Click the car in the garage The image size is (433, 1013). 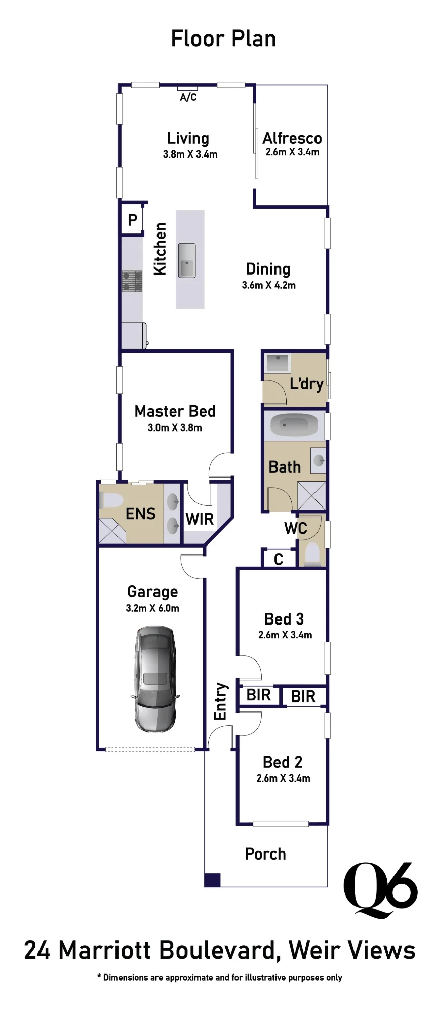[x=155, y=679]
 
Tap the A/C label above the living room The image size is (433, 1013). [x=188, y=97]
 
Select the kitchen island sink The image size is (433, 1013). [x=187, y=260]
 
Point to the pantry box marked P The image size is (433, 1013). [x=132, y=220]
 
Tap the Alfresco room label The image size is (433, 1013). [x=292, y=138]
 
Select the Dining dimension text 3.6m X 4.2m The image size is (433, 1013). [x=268, y=285]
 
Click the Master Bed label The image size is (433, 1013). [x=175, y=411]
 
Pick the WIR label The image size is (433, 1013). [x=200, y=519]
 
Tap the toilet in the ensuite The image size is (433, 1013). [x=111, y=501]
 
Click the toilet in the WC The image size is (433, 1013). [x=312, y=555]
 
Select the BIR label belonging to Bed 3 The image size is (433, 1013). [x=258, y=695]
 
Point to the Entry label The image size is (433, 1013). [x=220, y=702]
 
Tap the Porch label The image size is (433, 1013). [x=265, y=854]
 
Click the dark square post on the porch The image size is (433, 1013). [x=212, y=880]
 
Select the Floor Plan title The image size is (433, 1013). [x=223, y=38]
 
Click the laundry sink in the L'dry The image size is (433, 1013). [x=278, y=363]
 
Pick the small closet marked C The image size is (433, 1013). [x=278, y=559]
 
